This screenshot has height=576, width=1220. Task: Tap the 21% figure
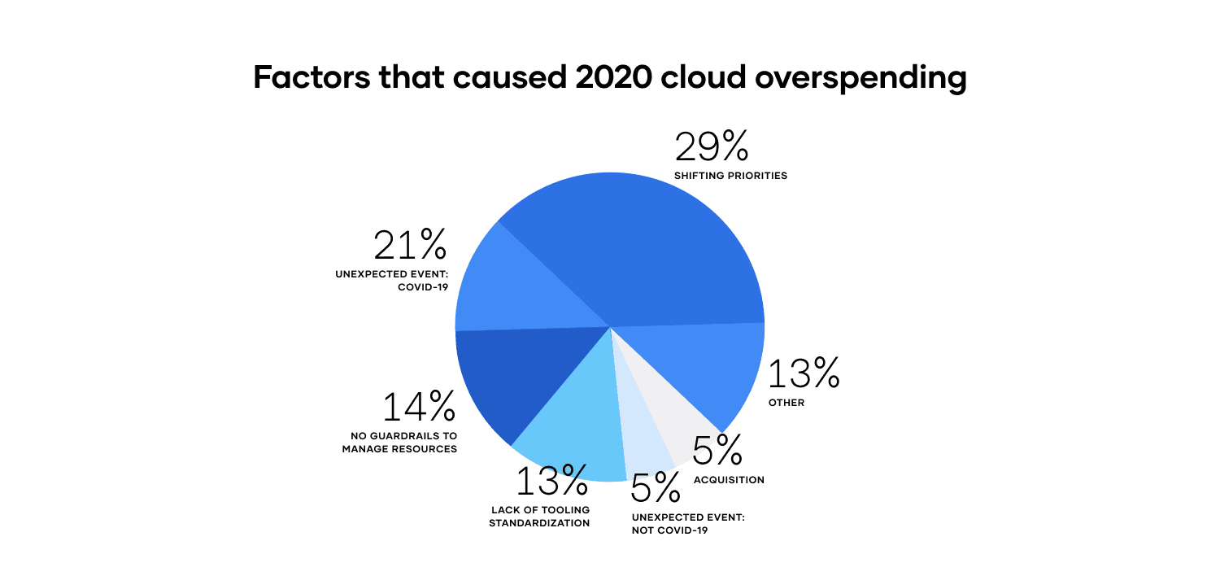tap(411, 244)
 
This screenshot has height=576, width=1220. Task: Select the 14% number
tap(420, 407)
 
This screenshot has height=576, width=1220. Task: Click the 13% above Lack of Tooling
tap(552, 481)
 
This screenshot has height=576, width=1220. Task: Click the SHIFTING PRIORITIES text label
tap(730, 176)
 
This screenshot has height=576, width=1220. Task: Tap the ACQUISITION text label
tap(729, 480)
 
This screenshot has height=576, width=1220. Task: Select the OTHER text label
tap(786, 403)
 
